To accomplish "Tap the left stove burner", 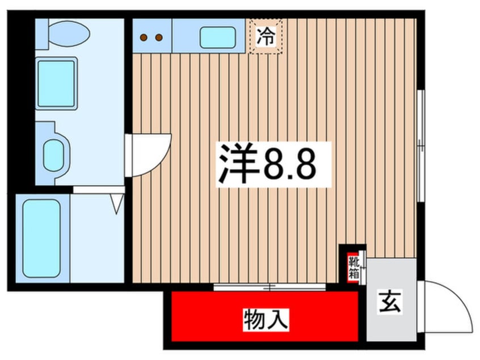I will click(144, 37).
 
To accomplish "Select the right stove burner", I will click(159, 37).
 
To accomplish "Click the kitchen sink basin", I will click(218, 37).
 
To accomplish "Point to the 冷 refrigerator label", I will click(265, 37).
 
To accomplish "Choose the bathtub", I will click(41, 237).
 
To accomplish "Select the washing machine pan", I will click(56, 83).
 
